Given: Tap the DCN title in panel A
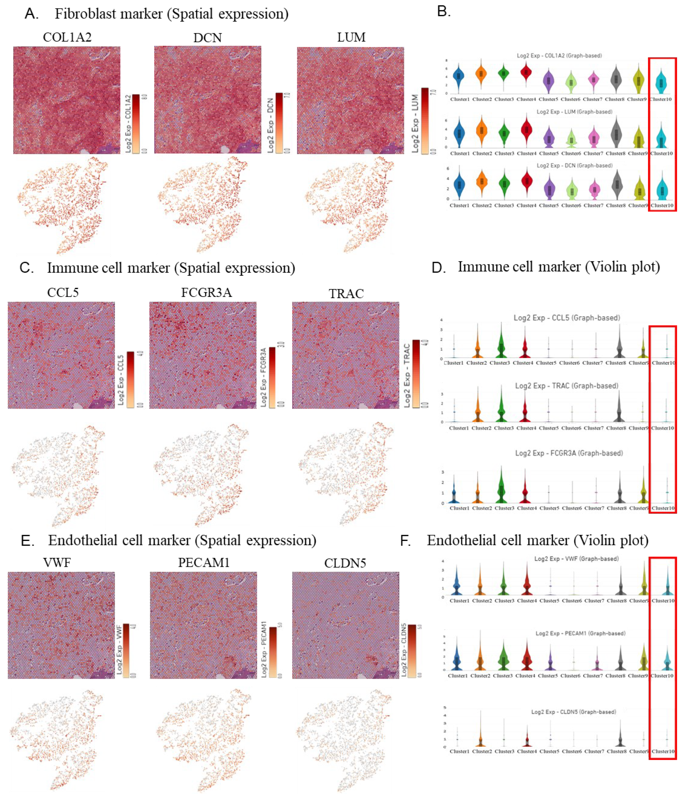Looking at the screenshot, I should pyautogui.click(x=208, y=38).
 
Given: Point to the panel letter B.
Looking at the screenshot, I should pyautogui.click(x=444, y=12).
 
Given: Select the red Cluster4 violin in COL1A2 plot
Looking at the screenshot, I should pyautogui.click(x=526, y=73).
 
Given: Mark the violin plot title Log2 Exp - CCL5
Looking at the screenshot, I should pyautogui.click(x=566, y=318).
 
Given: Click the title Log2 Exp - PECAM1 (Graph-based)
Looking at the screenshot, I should pyautogui.click(x=580, y=633).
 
